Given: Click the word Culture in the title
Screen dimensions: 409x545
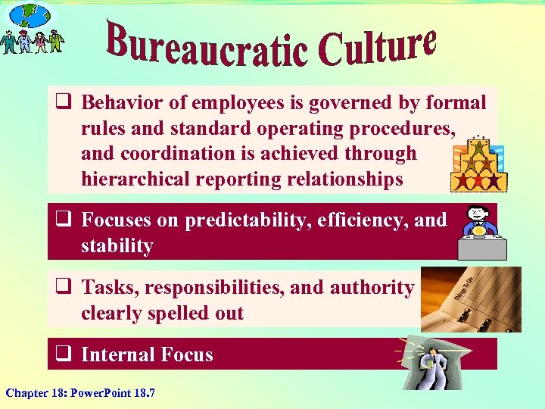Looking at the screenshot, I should coord(378,45).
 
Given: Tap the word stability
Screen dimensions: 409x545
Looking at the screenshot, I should coord(117,245).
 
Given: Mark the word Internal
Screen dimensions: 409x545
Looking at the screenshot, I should coord(116,354).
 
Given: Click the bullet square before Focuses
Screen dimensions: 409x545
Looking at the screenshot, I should coord(63,220).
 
